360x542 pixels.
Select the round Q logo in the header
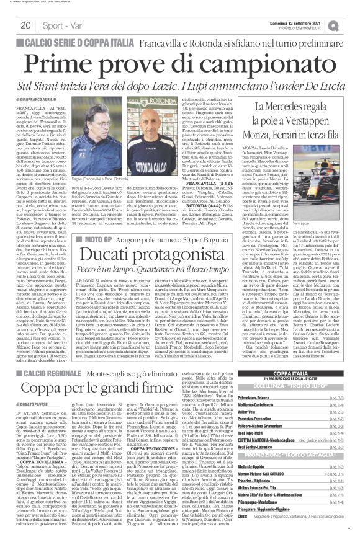[x=351, y=24]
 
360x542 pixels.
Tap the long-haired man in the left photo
[x=86, y=134]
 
